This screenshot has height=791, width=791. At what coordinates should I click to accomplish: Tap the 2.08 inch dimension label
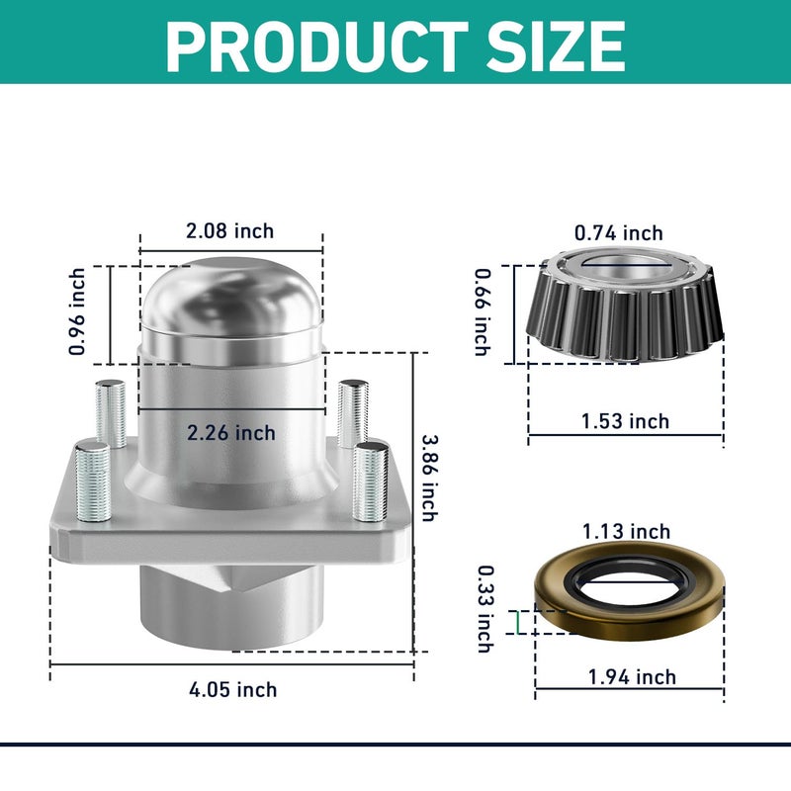[x=230, y=231]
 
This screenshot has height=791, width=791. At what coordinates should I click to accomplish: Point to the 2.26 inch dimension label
[x=230, y=433]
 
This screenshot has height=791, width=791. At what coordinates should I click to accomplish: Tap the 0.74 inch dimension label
[x=619, y=233]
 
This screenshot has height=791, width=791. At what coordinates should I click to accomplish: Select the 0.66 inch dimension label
[x=482, y=312]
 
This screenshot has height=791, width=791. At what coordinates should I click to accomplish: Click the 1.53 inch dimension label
[x=625, y=421]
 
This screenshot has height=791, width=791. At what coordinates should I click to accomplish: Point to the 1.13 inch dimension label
[x=626, y=533]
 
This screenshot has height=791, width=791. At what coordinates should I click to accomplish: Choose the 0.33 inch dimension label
[x=483, y=608]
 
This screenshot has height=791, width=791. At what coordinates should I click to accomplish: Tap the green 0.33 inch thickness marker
[x=517, y=621]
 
